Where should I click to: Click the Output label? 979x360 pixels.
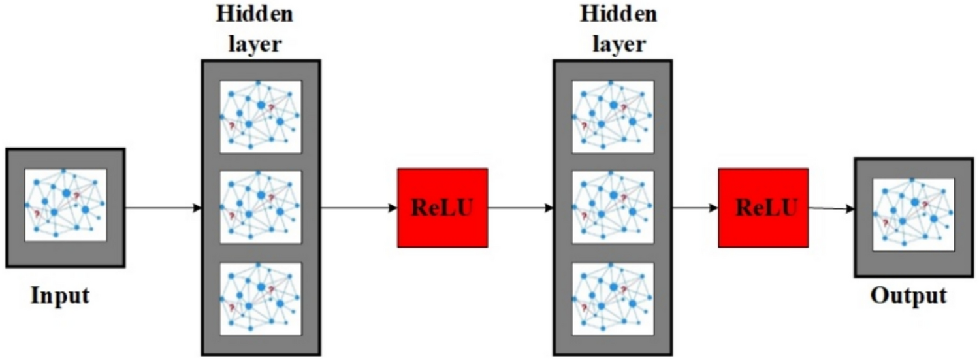click(x=908, y=295)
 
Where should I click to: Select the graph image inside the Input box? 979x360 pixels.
click(x=65, y=205)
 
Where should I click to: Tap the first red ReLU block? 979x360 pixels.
click(x=442, y=208)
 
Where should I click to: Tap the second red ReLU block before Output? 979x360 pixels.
click(x=763, y=208)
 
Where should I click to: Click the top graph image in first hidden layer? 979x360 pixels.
click(x=261, y=116)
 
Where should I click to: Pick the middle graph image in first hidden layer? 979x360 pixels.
click(x=261, y=207)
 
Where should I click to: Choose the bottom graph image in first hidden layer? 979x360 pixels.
click(x=261, y=299)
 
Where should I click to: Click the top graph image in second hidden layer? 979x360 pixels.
click(x=613, y=116)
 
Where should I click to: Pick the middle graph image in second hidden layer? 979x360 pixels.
click(x=613, y=207)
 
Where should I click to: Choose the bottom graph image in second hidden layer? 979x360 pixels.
click(x=613, y=299)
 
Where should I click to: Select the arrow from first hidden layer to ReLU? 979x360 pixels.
click(x=359, y=208)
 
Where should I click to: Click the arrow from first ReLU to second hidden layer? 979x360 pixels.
click(x=520, y=208)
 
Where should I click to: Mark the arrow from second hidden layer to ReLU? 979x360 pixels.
click(x=695, y=208)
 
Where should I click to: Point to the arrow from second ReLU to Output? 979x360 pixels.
click(x=831, y=208)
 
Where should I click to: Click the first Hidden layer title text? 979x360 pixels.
click(x=255, y=29)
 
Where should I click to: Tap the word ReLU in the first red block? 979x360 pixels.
click(x=442, y=208)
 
